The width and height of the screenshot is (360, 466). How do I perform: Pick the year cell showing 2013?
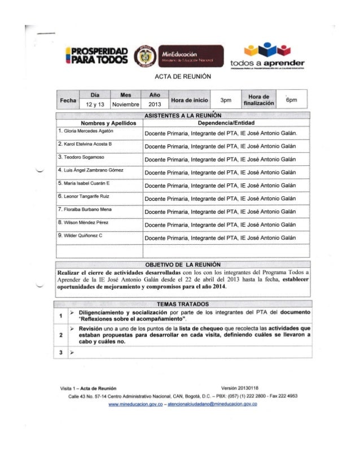(x=155, y=105)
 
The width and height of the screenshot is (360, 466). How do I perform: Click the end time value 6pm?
(x=291, y=100)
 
